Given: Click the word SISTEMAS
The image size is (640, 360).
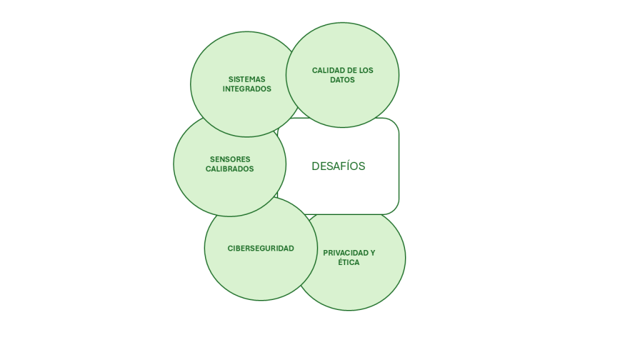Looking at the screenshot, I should click(247, 79).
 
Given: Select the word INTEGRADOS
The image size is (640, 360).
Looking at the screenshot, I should click(247, 89).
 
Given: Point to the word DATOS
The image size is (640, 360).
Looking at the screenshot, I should click(342, 80).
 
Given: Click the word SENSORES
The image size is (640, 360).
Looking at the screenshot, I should click(229, 159).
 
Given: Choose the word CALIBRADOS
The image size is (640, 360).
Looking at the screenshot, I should click(229, 169).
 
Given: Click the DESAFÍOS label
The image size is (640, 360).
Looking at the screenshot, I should click(338, 166).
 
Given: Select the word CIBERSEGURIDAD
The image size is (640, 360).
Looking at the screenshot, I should click(261, 248).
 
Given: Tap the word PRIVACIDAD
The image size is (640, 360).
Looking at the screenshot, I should click(346, 253).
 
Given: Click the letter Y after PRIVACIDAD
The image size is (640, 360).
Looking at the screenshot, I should click(372, 253).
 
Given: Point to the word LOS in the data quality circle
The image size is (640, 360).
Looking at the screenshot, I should click(366, 71).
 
